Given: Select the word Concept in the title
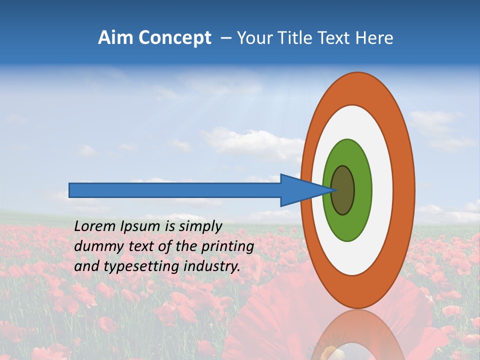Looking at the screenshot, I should click(174, 38).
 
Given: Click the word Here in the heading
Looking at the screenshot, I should click(374, 38).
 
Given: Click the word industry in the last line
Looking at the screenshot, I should click(211, 266).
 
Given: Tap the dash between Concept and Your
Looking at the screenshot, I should click(225, 38).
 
